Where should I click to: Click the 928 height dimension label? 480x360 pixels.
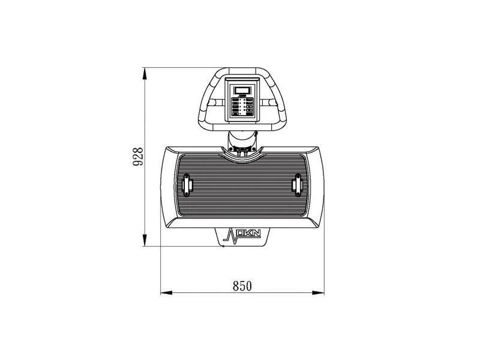click(137, 157)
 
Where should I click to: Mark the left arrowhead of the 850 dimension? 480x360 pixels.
click(166, 293)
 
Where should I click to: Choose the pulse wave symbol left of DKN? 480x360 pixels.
click(230, 235)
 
